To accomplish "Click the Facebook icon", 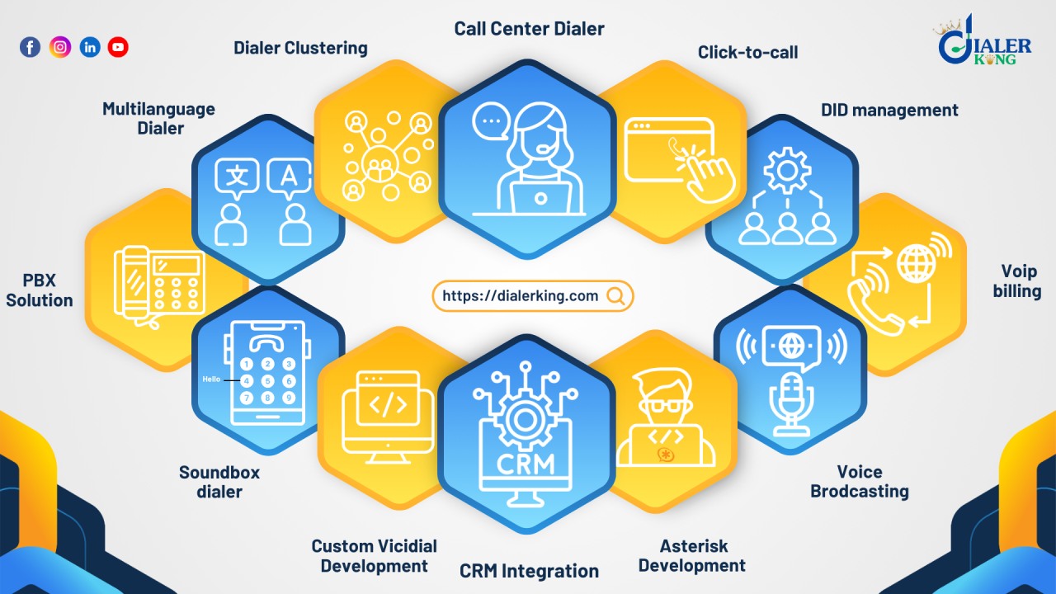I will click(30, 47).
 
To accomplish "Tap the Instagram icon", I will click(60, 47).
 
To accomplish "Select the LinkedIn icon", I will click(90, 47).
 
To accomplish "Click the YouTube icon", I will click(118, 47).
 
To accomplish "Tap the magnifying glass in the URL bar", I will click(615, 296).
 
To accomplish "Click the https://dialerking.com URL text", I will click(521, 296).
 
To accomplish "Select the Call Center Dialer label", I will click(529, 29).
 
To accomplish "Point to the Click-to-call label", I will click(747, 52).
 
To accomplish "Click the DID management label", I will click(889, 110).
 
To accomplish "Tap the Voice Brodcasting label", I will click(860, 481).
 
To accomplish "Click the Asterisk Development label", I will click(691, 555).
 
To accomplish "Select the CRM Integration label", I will click(529, 571).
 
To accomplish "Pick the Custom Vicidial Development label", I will click(374, 555).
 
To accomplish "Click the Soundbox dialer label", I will click(219, 482).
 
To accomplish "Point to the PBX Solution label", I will click(40, 290).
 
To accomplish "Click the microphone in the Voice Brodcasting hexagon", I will click(791, 403).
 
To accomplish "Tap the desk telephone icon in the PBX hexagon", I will click(160, 280).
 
